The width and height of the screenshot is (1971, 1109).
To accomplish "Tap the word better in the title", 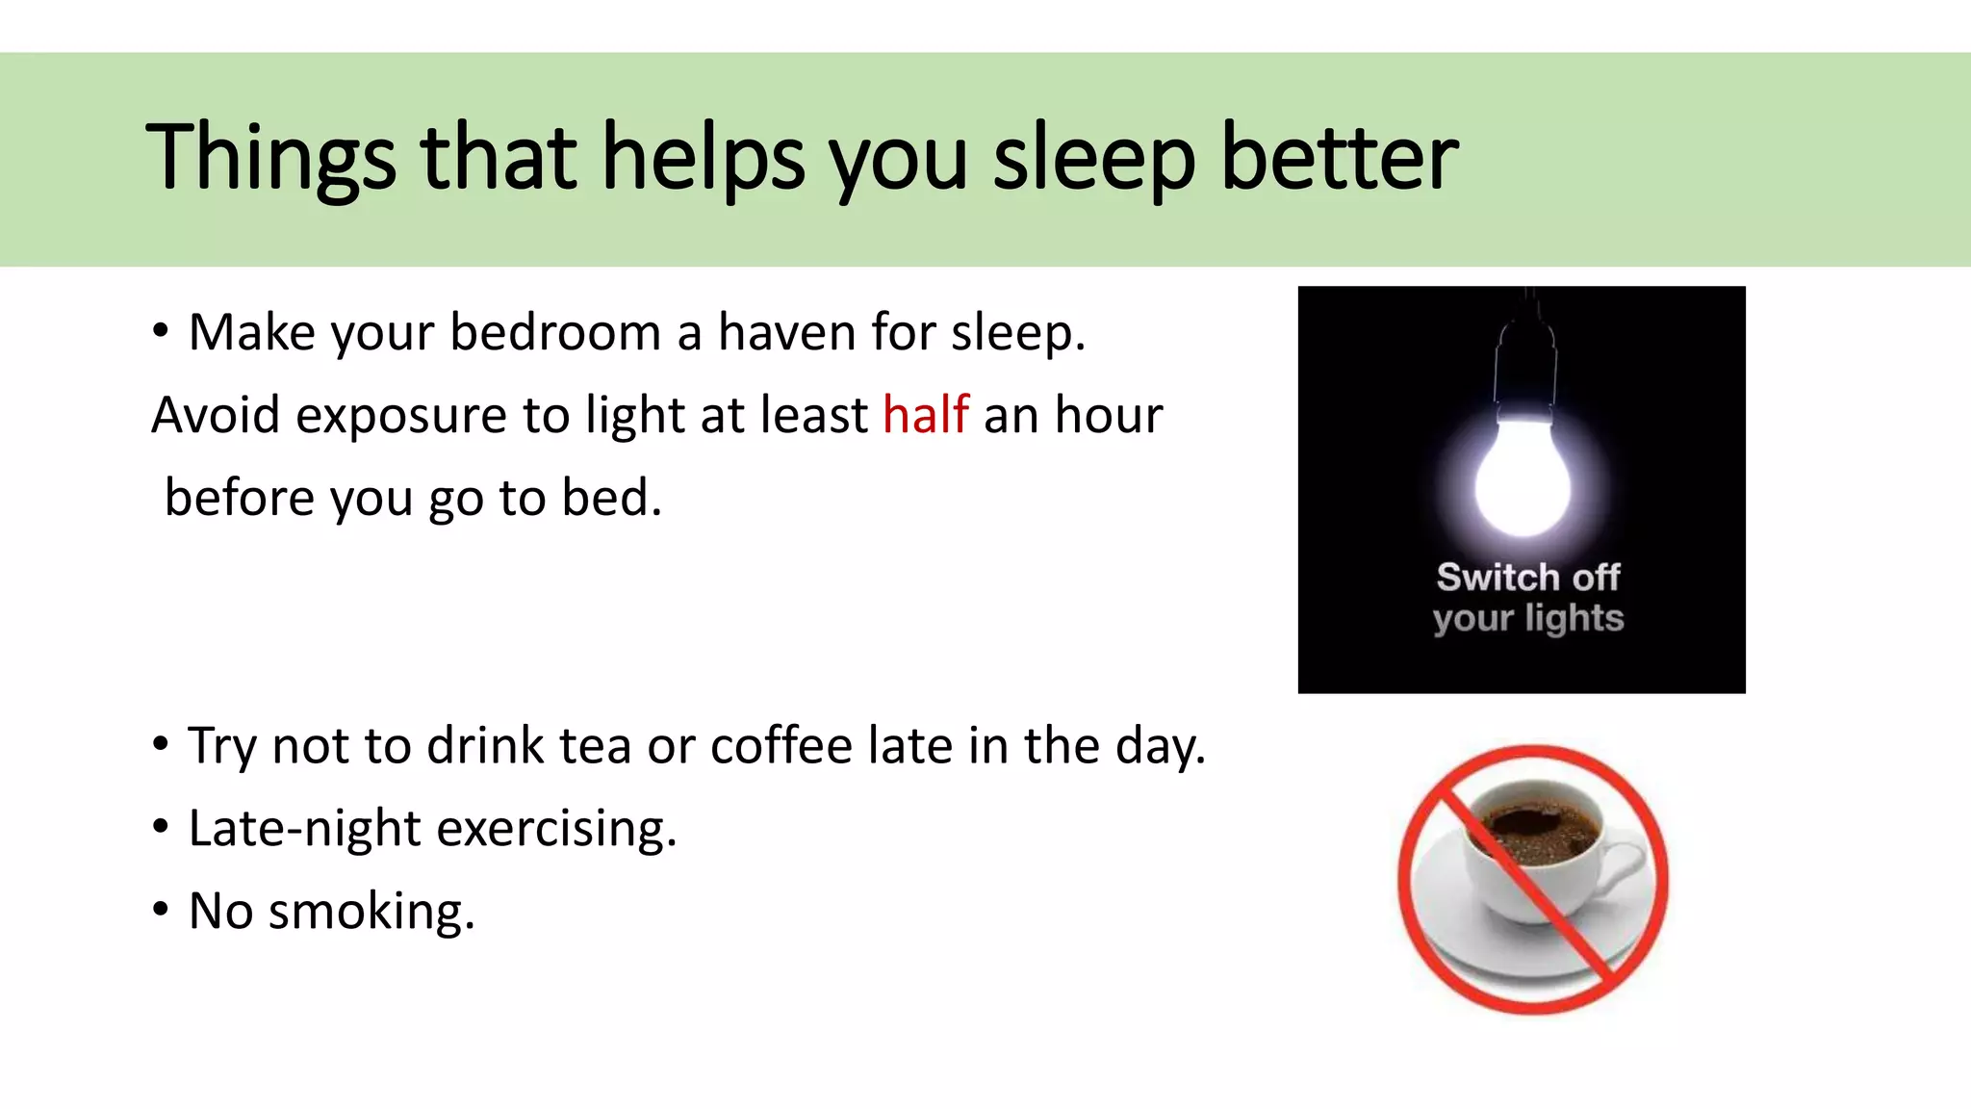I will [x=1339, y=157].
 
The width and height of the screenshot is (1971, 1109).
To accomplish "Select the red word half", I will [x=925, y=415].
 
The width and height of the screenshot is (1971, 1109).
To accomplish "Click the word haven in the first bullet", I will [x=786, y=332].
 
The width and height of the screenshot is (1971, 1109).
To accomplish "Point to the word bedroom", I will [x=554, y=332].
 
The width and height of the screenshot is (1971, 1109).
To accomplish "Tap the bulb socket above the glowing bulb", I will [x=1524, y=371].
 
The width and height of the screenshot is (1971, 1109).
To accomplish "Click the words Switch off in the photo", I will [x=1527, y=577].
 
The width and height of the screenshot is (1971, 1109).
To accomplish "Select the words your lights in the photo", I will [x=1527, y=618].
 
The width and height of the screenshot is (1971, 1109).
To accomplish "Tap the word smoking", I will [x=371, y=911].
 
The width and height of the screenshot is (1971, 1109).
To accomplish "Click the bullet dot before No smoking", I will [x=161, y=908].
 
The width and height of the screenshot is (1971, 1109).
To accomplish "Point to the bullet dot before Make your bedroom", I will [x=161, y=330].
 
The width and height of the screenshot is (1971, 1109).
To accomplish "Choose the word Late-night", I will [x=304, y=829].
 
